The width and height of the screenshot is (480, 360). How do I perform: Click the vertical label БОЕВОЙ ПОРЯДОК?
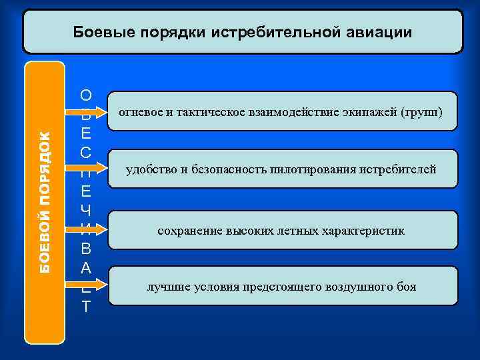pyautogui.click(x=45, y=201)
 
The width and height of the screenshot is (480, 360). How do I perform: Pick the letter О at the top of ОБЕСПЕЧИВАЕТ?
pyautogui.click(x=86, y=95)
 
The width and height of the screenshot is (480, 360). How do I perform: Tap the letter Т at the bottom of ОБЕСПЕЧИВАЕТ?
pyautogui.click(x=86, y=307)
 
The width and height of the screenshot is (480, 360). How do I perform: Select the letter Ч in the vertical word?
pyautogui.click(x=86, y=211)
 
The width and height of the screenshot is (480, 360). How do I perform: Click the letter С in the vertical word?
pyautogui.click(x=86, y=153)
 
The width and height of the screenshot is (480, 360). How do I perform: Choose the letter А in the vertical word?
pyautogui.click(x=86, y=269)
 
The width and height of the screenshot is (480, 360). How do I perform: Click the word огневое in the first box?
pyautogui.click(x=141, y=111)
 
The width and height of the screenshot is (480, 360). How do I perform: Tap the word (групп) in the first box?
pyautogui.click(x=423, y=111)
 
